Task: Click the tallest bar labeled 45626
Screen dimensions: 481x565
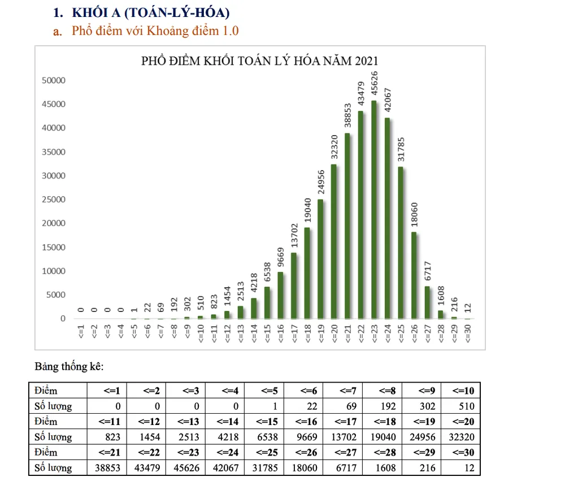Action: [374, 209]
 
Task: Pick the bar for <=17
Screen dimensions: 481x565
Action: [294, 285]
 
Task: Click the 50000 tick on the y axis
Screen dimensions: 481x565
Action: [54, 80]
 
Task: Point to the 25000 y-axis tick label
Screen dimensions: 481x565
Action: [54, 200]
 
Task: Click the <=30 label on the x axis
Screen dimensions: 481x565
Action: [468, 334]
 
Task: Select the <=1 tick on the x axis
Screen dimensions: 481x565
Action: [81, 332]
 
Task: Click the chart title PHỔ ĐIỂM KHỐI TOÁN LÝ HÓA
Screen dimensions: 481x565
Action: [259, 61]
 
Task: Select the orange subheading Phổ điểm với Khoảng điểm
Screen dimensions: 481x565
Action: [155, 31]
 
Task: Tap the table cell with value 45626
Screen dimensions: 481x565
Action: [185, 468]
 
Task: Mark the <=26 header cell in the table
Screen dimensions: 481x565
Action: [303, 453]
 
